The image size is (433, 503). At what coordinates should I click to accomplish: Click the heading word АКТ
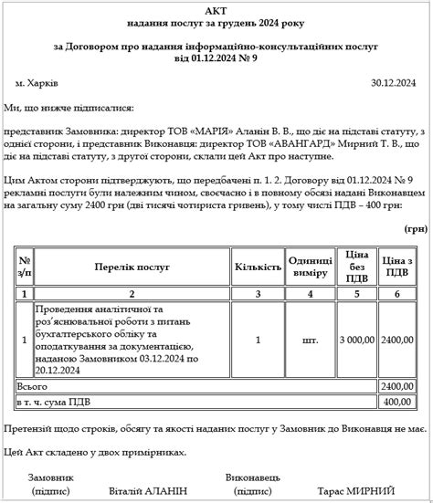tap(216, 8)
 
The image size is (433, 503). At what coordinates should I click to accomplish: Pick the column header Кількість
tap(258, 267)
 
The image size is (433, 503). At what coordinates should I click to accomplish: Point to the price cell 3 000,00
tap(356, 340)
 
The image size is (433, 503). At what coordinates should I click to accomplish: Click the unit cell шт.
tap(311, 340)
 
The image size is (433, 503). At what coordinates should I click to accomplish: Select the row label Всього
tap(34, 386)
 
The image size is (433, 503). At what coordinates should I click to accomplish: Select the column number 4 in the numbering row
tap(311, 294)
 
